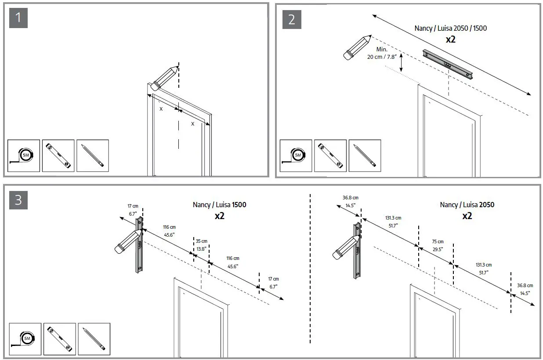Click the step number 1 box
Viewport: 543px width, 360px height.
(x=18, y=18)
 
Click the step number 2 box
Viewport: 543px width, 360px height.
(x=292, y=19)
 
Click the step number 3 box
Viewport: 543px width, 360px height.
(x=18, y=200)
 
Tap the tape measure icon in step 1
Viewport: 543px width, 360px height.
(x=24, y=155)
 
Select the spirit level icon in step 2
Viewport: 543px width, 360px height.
(x=330, y=155)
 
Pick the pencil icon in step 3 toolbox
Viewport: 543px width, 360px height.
(x=94, y=339)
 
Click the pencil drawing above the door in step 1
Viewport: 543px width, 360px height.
(x=164, y=77)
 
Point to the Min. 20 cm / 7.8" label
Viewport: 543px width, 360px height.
(x=381, y=53)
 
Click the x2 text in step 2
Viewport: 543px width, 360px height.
(x=451, y=40)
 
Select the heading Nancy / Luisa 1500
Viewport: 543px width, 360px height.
(x=219, y=205)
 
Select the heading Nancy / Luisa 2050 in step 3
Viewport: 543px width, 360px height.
(x=467, y=205)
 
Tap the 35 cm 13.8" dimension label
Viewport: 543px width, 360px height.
(x=202, y=245)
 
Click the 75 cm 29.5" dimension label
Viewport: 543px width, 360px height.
(x=437, y=245)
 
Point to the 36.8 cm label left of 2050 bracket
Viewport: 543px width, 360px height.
(x=350, y=201)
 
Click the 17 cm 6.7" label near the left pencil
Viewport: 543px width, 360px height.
(x=133, y=209)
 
